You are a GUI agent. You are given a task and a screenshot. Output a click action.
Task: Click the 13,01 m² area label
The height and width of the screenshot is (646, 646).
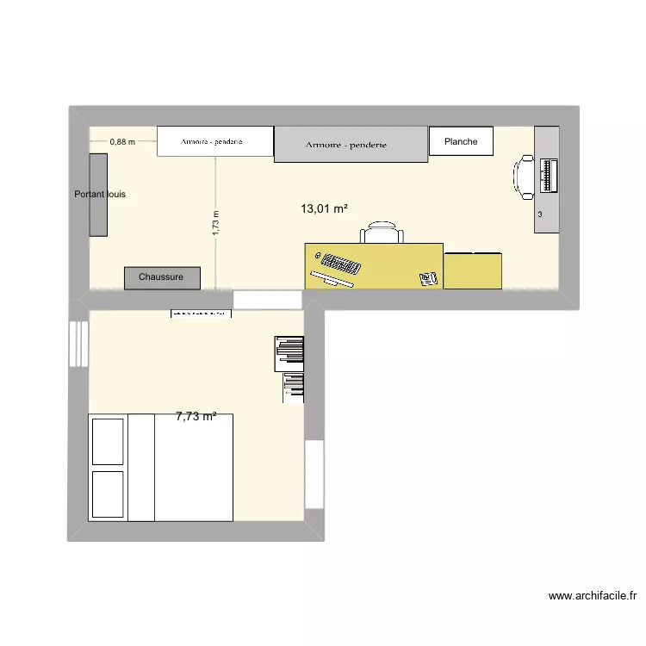point(324,208)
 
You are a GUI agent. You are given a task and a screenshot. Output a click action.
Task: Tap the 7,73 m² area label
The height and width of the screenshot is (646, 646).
point(196,416)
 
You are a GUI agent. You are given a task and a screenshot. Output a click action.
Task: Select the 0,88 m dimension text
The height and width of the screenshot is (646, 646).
point(122,141)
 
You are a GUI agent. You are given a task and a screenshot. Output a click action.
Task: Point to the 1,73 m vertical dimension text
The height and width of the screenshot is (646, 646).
point(216,222)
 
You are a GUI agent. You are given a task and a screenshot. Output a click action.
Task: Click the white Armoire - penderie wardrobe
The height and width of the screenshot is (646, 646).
point(214,141)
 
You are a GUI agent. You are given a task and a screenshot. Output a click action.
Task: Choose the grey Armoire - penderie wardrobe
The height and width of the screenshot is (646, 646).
point(351,145)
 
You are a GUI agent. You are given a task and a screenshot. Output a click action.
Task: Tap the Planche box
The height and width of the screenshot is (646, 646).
point(461,141)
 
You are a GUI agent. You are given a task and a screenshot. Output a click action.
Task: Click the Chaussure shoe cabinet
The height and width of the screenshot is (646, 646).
point(162,277)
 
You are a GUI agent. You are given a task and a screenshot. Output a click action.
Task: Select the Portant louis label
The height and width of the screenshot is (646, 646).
point(100,195)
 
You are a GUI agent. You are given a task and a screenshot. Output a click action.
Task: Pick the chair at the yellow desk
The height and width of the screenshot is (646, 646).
point(382,233)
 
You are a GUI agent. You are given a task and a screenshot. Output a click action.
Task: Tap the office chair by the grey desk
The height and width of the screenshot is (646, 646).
point(524,177)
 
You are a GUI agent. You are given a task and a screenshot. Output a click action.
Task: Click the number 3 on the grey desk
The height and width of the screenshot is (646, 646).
point(540,214)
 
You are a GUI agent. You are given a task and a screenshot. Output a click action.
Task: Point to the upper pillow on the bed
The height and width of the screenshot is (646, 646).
point(108,440)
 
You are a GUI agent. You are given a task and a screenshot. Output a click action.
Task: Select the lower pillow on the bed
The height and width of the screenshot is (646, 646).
point(108,493)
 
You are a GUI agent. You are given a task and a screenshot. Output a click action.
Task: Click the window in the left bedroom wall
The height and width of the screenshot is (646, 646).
point(78,344)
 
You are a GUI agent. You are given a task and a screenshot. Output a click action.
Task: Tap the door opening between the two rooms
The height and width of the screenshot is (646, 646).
point(268,300)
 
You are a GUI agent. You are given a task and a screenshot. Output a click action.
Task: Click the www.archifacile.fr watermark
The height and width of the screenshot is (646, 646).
point(592,595)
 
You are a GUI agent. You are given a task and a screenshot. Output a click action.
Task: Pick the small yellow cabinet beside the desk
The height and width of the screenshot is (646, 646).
point(473,270)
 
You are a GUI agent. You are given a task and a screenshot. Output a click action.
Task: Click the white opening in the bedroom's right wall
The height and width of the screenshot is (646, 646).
point(314,473)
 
